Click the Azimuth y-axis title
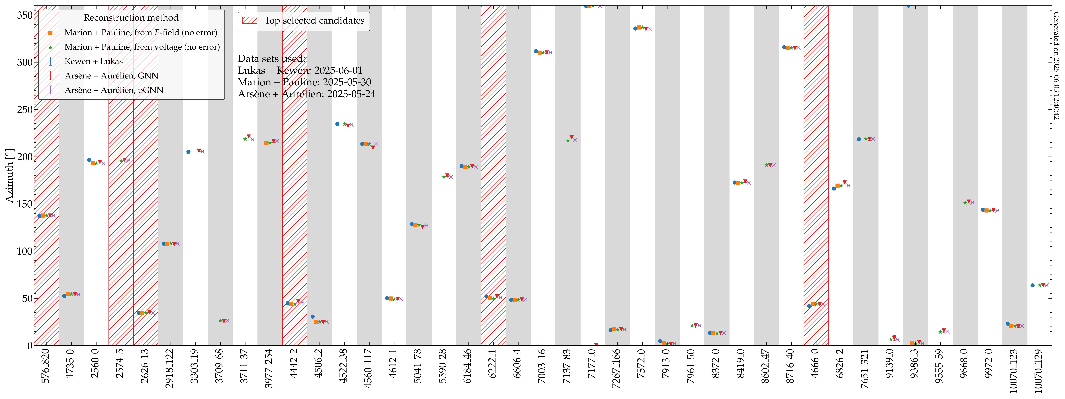click(x=9, y=176)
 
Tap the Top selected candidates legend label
click(x=314, y=21)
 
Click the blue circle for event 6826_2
click(x=834, y=188)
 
